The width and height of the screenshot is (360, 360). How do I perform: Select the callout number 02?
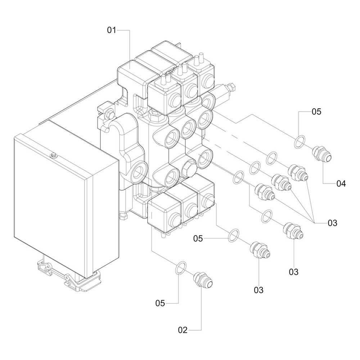pyautogui.click(x=183, y=330)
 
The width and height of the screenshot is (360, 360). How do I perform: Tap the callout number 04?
pyautogui.click(x=341, y=184)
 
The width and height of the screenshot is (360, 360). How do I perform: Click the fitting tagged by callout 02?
pyautogui.click(x=202, y=280)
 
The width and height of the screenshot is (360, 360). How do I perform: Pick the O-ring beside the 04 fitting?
pyautogui.click(x=300, y=142)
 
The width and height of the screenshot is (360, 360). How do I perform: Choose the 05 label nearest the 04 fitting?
pyautogui.click(x=316, y=112)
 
